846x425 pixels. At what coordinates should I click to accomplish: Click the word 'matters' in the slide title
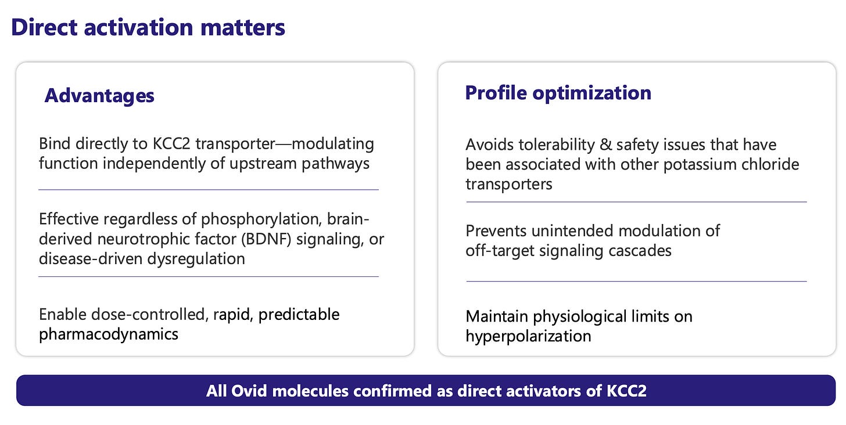click(x=242, y=27)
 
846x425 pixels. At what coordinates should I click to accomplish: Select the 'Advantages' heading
click(x=99, y=95)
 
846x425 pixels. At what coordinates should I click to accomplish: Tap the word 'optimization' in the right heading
click(x=592, y=93)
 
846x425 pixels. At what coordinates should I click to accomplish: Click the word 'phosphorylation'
click(x=261, y=219)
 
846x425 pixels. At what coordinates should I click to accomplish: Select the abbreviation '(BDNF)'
click(x=266, y=239)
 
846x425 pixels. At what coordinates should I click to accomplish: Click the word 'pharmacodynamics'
click(x=109, y=335)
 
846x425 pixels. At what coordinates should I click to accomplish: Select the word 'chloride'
click(x=770, y=164)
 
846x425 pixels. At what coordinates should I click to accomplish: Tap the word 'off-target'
click(x=499, y=251)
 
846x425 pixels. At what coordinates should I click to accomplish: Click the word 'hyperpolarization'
click(x=528, y=336)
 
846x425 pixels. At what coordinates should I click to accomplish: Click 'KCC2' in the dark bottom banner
click(x=626, y=391)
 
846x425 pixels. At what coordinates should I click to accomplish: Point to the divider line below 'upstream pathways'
click(x=209, y=190)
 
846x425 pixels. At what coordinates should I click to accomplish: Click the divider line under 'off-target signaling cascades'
click(x=636, y=281)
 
